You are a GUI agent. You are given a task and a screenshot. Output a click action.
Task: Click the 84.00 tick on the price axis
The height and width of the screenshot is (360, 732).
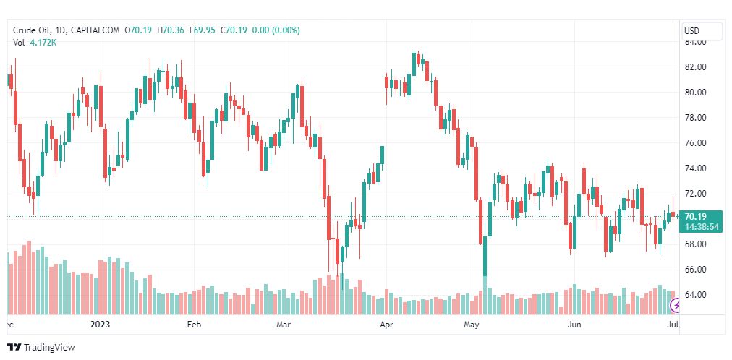695,42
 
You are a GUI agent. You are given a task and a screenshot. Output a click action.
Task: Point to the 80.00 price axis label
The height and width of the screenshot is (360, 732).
695,93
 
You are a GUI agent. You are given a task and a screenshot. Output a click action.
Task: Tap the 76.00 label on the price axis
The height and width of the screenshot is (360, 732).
695,143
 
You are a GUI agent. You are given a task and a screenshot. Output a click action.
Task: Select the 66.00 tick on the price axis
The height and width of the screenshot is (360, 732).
695,270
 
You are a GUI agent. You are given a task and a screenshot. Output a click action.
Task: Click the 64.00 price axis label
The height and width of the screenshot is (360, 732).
695,295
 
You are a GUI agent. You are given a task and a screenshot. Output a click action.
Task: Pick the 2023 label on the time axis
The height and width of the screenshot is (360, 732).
101,325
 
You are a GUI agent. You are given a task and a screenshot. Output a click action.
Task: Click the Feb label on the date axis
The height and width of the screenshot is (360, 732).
193,325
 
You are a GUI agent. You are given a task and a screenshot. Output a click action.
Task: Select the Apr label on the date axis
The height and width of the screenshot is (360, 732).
387,325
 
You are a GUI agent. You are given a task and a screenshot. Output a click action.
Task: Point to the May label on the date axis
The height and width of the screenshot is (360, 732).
472,325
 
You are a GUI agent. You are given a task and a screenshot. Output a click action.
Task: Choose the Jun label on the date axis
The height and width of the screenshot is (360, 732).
574,325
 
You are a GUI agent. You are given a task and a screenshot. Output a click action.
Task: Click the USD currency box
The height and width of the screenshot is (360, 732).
702,31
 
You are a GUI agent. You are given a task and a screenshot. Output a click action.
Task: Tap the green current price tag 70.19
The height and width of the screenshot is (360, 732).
696,216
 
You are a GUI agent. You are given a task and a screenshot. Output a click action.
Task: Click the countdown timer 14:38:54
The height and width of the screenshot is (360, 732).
702,226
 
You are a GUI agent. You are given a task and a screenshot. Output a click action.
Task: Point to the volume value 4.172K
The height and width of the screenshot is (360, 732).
43,43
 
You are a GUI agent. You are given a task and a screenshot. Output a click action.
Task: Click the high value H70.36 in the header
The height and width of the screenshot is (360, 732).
174,30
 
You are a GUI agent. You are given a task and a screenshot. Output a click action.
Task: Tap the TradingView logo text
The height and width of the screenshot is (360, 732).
49,348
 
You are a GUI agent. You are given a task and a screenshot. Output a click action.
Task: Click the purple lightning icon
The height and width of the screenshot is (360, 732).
676,307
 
